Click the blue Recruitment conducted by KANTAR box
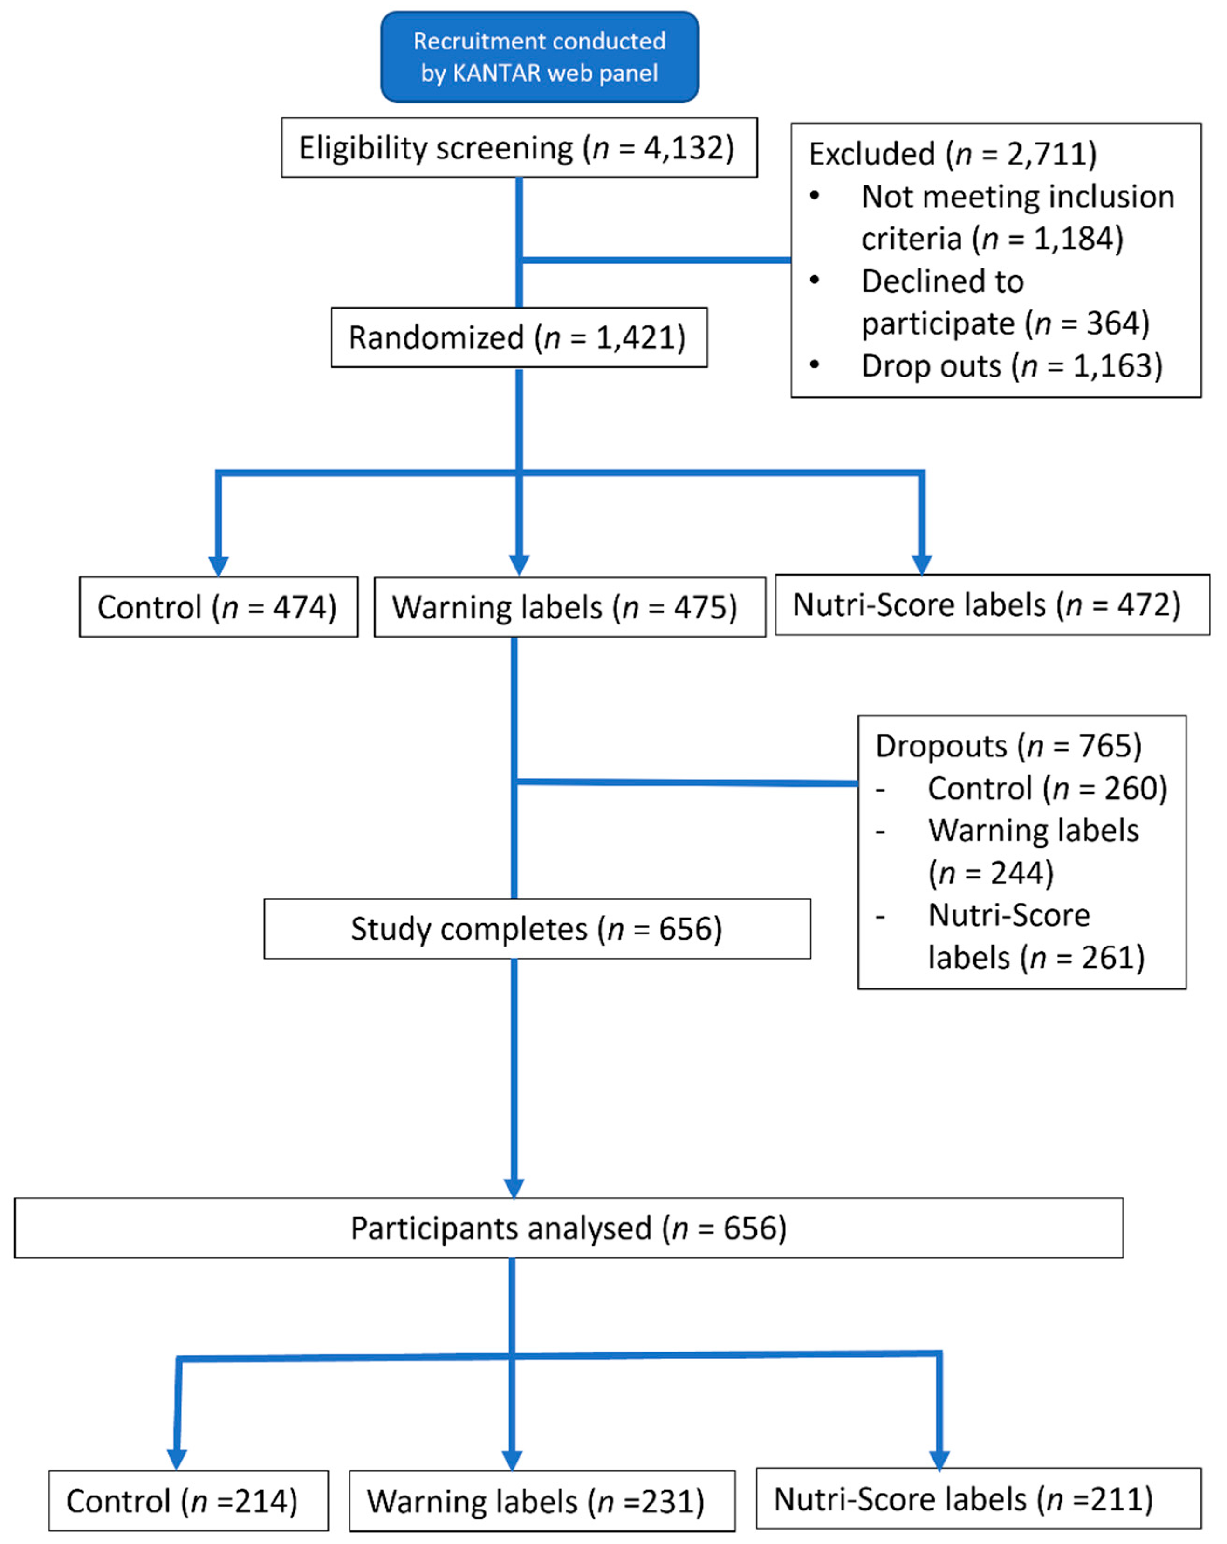[539, 56]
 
